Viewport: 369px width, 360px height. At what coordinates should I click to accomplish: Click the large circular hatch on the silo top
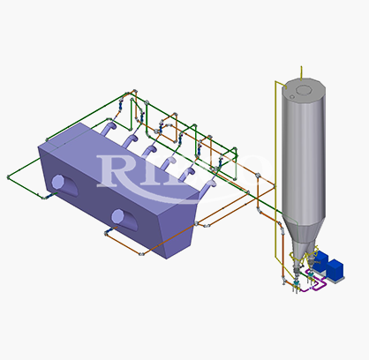pos(304,90)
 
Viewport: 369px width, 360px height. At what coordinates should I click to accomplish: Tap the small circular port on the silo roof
pos(292,97)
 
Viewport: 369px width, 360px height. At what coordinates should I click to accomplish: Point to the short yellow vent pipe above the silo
pos(301,73)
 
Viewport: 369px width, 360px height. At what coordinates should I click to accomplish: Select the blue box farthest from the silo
pos(335,269)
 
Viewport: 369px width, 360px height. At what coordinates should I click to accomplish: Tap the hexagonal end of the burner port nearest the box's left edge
pos(57,182)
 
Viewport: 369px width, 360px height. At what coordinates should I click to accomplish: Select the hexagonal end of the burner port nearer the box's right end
pos(117,216)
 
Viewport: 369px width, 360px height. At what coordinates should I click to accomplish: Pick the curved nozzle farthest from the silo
pos(108,129)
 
